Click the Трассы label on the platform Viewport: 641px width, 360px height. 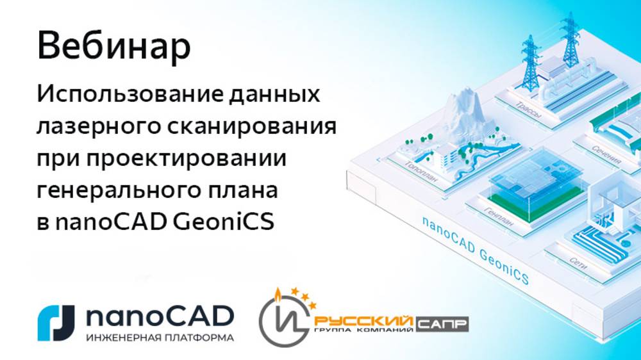click(x=527, y=110)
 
